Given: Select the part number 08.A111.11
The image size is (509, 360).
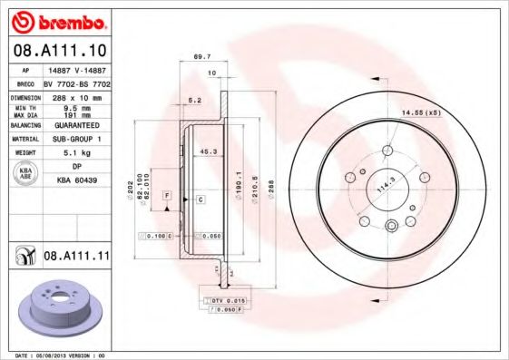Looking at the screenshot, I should [76, 258].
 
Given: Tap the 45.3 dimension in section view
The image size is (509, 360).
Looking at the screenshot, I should [207, 151].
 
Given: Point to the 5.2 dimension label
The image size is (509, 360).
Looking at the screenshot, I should [194, 100].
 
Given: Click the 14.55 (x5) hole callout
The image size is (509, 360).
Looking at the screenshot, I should [421, 112].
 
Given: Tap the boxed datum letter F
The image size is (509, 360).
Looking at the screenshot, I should [167, 195].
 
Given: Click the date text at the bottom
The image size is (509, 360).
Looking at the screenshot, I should [62, 355].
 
